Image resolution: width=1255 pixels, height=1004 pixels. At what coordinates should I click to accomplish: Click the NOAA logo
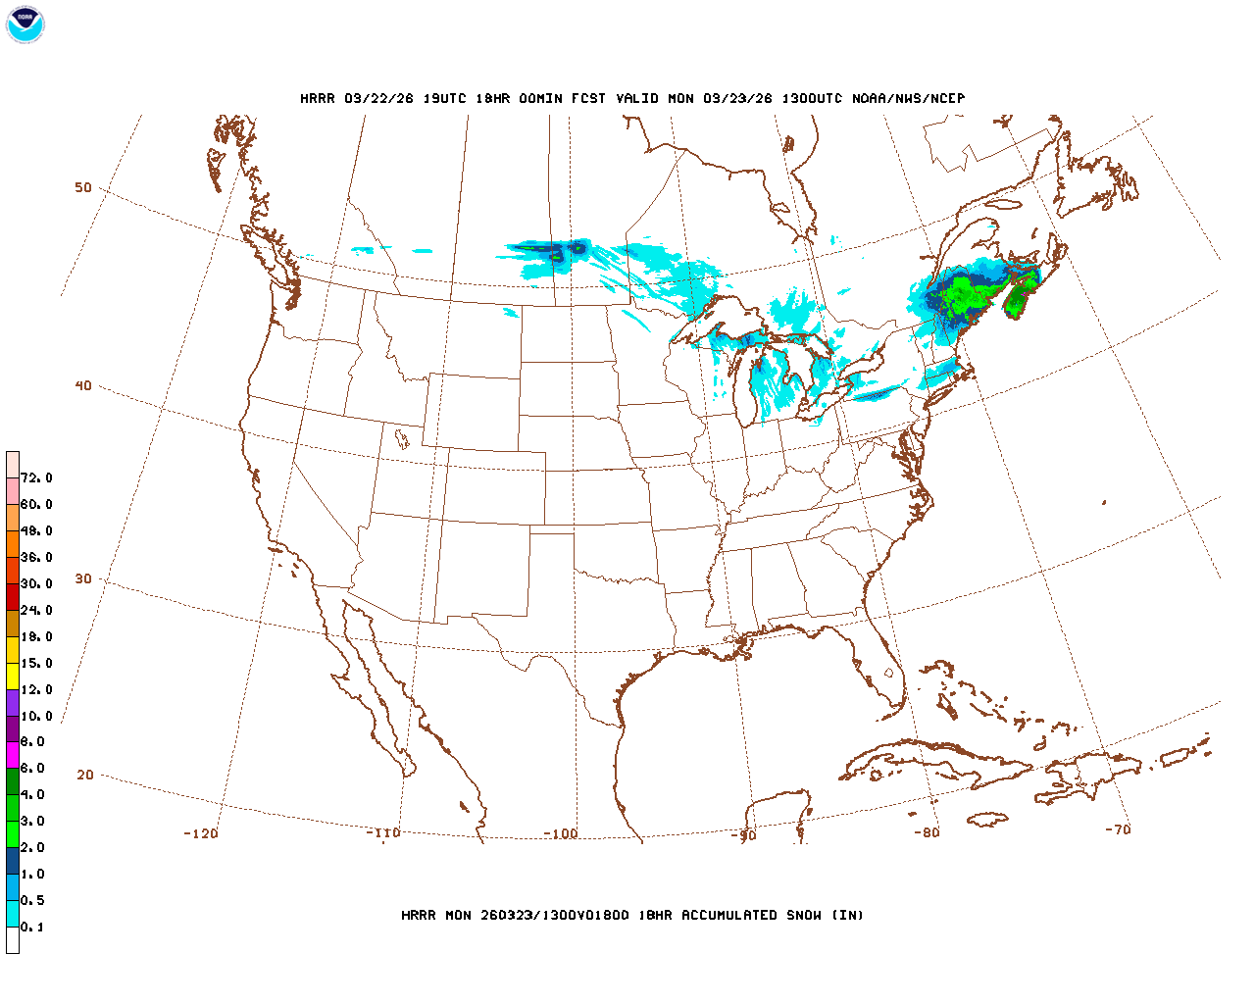point(25,25)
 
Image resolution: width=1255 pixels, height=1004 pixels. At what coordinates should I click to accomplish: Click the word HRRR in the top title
point(318,98)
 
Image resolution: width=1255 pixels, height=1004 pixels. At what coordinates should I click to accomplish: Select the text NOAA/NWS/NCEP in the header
point(908,98)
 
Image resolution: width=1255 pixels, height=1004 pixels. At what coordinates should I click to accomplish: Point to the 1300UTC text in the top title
point(812,98)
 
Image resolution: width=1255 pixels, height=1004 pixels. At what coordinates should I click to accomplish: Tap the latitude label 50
point(83,187)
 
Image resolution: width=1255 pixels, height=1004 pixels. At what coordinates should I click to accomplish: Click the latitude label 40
point(83,385)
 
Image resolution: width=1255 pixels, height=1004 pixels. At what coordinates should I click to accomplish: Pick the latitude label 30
point(83,578)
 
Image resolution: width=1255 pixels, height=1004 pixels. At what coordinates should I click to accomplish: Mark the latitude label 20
point(85,775)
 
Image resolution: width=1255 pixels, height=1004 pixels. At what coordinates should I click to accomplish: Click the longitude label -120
point(200,833)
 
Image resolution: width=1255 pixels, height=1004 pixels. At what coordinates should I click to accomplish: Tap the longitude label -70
point(1117,829)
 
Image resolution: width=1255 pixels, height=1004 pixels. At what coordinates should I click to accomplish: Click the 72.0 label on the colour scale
point(36,477)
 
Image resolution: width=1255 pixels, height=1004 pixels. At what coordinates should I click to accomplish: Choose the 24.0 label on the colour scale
point(36,610)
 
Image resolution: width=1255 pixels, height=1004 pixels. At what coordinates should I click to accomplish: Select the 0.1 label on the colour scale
point(32,927)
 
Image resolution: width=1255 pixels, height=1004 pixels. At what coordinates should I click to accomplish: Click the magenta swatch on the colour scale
point(12,755)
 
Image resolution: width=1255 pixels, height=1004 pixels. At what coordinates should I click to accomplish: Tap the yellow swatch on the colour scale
point(12,676)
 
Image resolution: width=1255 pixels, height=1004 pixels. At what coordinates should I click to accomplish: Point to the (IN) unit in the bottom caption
point(848,915)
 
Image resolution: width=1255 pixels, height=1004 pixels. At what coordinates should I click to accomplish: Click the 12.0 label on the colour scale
point(36,689)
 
